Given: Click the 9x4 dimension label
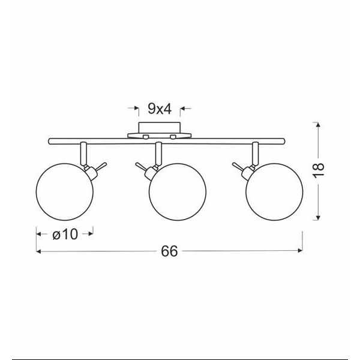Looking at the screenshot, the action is [x=160, y=109].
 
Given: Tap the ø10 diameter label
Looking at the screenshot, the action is [x=65, y=235].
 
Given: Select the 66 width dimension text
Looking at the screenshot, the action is [x=169, y=251].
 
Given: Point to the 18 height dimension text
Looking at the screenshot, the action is [x=319, y=170].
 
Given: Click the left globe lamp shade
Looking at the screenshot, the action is [x=65, y=192].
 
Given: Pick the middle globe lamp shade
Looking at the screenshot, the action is [x=178, y=192].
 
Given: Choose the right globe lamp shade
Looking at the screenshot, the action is [x=274, y=192].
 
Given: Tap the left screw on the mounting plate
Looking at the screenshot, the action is [x=146, y=137].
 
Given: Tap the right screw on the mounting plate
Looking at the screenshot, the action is [x=173, y=137].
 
